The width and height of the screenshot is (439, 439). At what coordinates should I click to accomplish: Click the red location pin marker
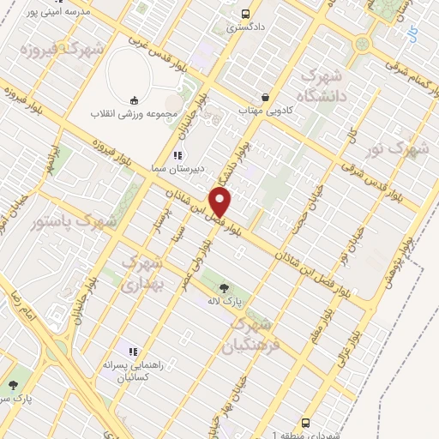click(x=221, y=203)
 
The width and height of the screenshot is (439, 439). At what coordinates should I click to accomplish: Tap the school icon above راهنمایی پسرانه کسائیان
click(x=133, y=351)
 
